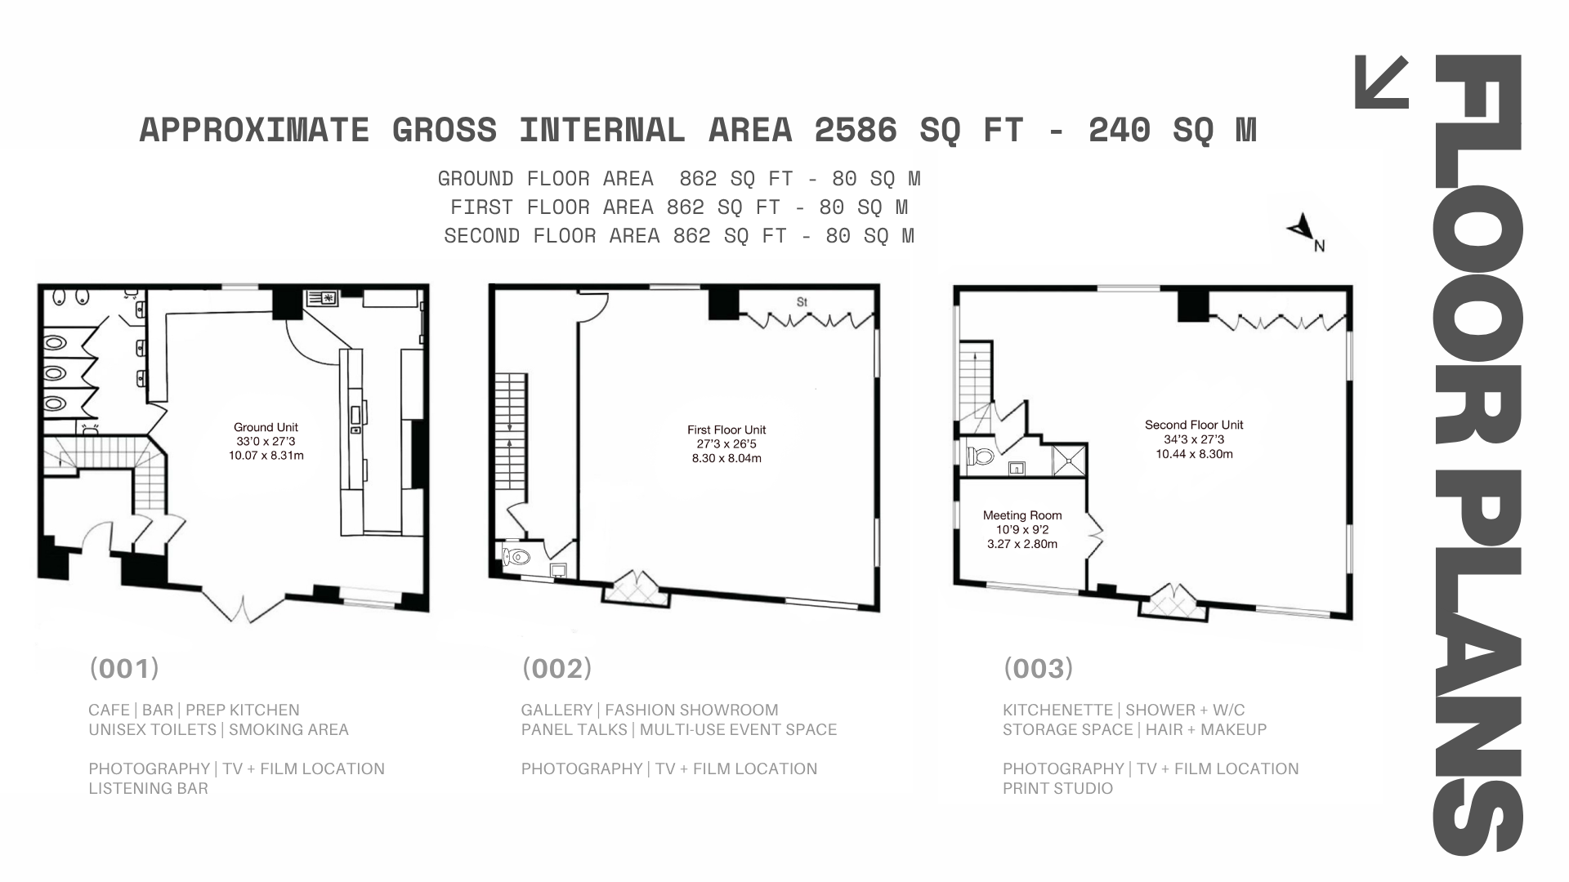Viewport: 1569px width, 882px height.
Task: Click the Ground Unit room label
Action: (x=266, y=427)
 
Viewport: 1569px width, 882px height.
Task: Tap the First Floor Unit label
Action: (x=726, y=430)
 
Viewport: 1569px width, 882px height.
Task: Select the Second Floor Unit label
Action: (x=1194, y=425)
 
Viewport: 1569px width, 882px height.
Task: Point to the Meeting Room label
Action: (x=1022, y=515)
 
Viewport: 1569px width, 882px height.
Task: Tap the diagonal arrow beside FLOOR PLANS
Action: (x=1382, y=82)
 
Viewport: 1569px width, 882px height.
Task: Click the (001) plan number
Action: (x=124, y=669)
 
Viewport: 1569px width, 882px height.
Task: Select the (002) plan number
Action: (x=557, y=669)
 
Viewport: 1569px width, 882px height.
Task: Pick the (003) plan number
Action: (x=1038, y=669)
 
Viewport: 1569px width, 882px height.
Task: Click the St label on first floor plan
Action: (x=802, y=302)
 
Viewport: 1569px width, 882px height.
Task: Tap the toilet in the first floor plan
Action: (x=517, y=558)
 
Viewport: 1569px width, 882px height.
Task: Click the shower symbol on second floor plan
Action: (x=1070, y=460)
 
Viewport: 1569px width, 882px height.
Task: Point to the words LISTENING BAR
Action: (x=148, y=788)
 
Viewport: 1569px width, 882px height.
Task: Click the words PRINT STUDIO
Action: (x=1057, y=788)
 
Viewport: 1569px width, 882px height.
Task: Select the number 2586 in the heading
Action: (x=856, y=130)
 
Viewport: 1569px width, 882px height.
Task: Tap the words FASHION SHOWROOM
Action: (x=691, y=710)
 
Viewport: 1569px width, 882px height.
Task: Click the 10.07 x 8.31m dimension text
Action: (x=266, y=456)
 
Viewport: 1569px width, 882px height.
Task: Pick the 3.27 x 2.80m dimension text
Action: (x=1022, y=544)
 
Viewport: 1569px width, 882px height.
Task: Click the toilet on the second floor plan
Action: (x=980, y=455)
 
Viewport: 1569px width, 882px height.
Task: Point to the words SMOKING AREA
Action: (x=288, y=729)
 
